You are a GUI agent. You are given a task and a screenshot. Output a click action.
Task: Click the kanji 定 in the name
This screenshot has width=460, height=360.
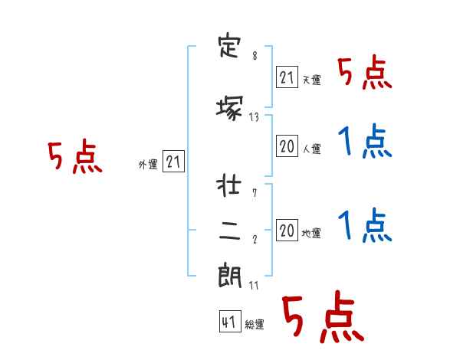[230, 47]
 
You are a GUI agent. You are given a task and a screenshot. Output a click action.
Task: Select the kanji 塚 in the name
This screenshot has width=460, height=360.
[230, 108]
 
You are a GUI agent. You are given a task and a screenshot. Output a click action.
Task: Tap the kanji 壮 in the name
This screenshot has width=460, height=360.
[228, 185]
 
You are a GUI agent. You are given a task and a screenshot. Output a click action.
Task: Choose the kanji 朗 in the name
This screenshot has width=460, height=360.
[230, 275]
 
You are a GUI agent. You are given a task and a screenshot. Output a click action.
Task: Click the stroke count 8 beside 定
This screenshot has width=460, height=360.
[255, 55]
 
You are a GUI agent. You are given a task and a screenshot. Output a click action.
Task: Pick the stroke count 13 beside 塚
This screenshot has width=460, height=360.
[254, 117]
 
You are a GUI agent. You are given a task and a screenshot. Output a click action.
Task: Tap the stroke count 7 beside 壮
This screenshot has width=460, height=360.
[255, 193]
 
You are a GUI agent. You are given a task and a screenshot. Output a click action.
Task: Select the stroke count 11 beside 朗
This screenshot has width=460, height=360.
[254, 285]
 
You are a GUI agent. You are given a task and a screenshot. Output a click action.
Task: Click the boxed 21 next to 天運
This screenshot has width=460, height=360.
[287, 77]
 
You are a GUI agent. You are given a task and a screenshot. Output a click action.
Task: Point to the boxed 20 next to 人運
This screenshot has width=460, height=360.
[287, 146]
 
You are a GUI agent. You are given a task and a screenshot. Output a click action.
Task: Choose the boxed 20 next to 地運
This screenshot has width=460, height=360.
[287, 230]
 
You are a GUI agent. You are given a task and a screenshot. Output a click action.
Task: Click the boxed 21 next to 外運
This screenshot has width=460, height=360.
[173, 162]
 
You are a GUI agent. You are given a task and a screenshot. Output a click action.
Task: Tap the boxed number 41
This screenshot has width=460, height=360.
[230, 322]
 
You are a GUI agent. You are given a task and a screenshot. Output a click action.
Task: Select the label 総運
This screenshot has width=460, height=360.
[255, 324]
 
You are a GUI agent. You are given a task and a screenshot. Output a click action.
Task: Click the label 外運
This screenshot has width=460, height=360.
[148, 165]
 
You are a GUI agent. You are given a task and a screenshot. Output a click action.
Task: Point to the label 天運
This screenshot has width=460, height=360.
[312, 80]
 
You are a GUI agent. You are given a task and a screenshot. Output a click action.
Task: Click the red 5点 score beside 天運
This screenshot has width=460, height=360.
[365, 73]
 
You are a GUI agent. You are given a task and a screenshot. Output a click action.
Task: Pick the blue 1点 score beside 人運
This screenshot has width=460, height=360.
[365, 141]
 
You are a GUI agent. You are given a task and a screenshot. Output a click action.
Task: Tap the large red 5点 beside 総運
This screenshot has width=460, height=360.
[324, 316]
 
